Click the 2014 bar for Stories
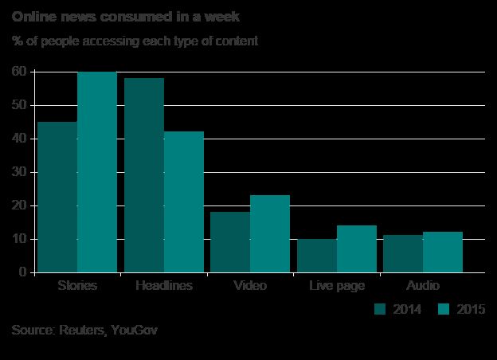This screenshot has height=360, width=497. coord(57,197)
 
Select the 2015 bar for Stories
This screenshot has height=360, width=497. coord(97,172)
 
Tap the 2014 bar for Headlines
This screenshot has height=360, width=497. coord(144,175)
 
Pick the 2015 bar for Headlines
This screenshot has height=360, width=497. coord(184,202)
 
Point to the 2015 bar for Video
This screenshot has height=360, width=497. coord(270,233)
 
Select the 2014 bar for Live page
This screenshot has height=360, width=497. coord(317,256)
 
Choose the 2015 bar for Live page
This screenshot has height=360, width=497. coord(357,248)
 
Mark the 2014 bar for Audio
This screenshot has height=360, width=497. coord(403,254)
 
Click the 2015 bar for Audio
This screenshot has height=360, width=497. coord(443,252)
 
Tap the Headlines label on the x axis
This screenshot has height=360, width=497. coord(165,285)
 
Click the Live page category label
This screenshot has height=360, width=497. coord(337,285)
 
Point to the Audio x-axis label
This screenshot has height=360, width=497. coord(423,285)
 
